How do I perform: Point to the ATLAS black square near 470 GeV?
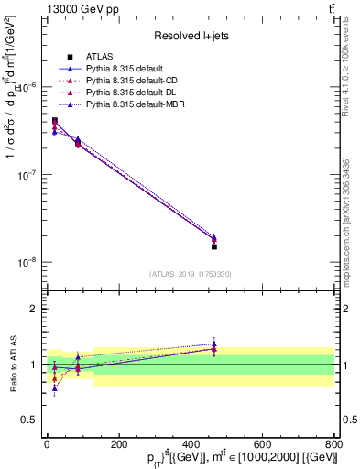pos(214,246)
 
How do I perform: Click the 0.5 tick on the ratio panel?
pos(29,420)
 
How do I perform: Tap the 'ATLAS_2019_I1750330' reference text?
pos(190,274)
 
